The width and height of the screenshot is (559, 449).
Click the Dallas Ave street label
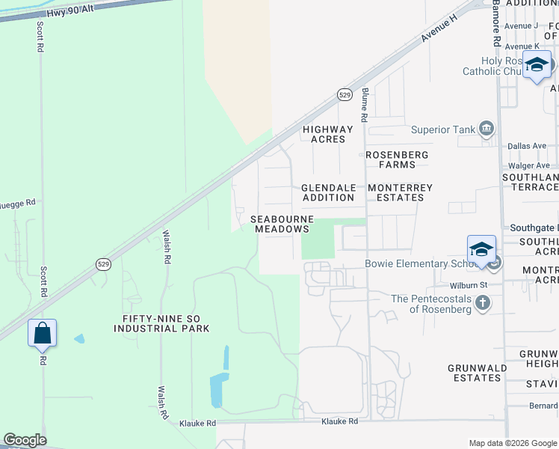click(x=527, y=146)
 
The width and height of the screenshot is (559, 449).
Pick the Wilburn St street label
click(x=469, y=285)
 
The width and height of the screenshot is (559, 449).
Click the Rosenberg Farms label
click(x=397, y=159)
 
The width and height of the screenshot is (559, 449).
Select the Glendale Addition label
click(x=328, y=192)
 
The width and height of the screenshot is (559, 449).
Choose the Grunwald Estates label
click(x=478, y=373)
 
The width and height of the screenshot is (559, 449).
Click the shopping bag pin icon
click(x=43, y=333)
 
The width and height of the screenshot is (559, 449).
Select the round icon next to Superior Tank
click(x=487, y=129)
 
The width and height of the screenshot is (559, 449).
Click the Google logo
click(x=25, y=440)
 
